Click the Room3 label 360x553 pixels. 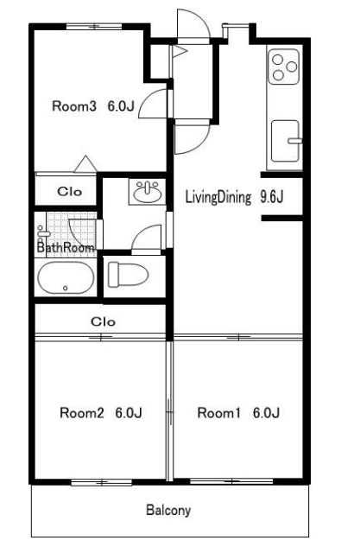tap(74, 106)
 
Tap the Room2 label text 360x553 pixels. tap(82, 413)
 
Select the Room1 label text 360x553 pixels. tap(219, 413)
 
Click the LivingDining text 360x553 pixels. tap(218, 197)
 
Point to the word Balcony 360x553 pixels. tap(168, 511)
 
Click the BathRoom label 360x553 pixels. tap(66, 247)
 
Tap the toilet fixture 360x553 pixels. tap(128, 274)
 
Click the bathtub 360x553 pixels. tap(66, 277)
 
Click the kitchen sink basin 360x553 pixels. tap(286, 141)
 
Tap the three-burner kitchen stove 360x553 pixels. tap(284, 67)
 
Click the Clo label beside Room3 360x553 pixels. tap(69, 192)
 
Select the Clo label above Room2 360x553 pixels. tap(103, 321)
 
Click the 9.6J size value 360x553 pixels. tap(272, 197)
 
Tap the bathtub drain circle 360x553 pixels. tap(65, 288)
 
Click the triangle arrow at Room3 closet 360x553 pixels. tap(85, 164)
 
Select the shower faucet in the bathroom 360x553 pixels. tap(42, 232)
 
